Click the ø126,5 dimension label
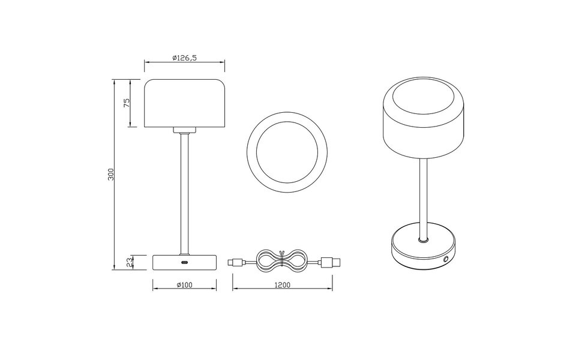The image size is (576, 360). click(184, 58)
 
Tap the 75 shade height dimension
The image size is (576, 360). click(127, 103)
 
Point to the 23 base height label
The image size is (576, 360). click(127, 262)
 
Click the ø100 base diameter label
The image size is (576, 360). click(184, 285)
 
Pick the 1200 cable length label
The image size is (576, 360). click(282, 285)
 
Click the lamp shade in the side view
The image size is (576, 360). click(184, 103)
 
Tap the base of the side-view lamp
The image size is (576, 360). click(184, 262)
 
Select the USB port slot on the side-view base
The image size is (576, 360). click(184, 262)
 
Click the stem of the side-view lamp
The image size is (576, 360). click(184, 192)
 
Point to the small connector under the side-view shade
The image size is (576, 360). click(184, 130)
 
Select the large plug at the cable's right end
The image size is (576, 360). click(329, 262)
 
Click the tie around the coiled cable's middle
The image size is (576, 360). click(281, 262)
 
